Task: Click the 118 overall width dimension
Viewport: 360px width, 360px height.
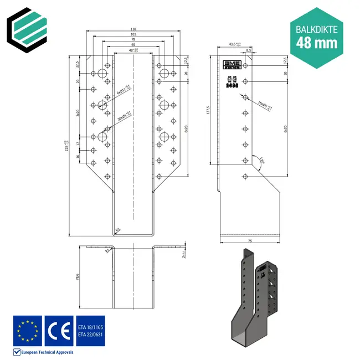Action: click(x=133, y=29)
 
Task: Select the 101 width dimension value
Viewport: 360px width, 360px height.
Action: click(x=133, y=34)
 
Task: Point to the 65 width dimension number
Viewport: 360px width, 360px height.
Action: click(x=133, y=45)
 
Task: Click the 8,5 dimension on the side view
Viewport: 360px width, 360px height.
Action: click(x=249, y=50)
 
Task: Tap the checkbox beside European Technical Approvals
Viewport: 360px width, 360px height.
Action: click(x=16, y=352)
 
